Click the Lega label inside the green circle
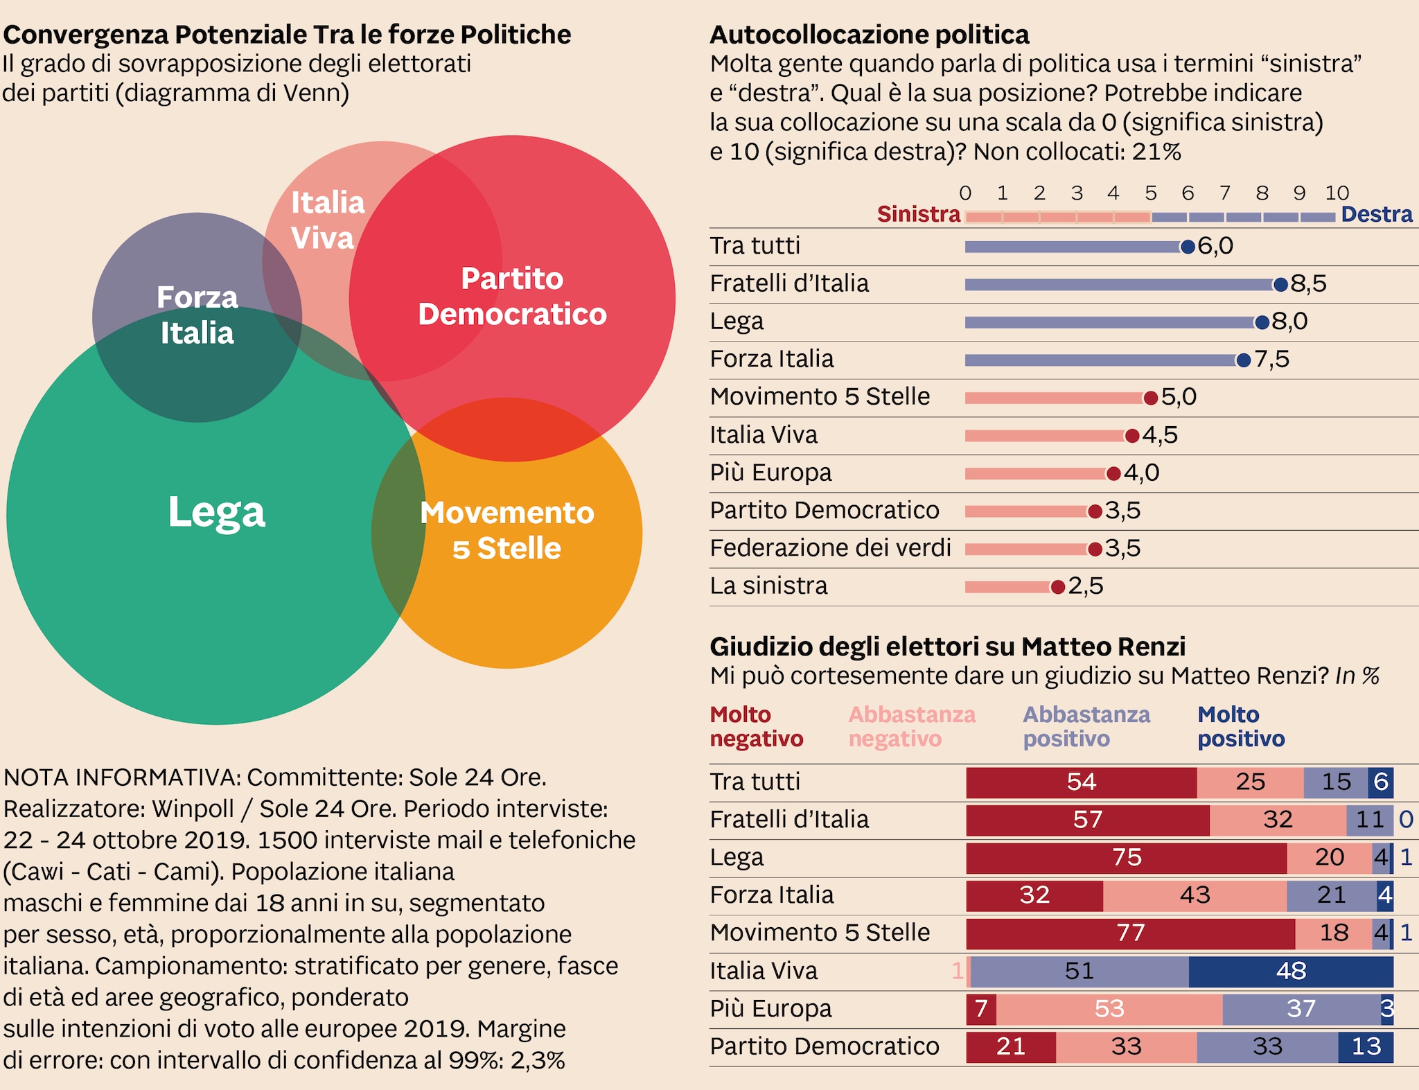point(217,512)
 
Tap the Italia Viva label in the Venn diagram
point(327,220)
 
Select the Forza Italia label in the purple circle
point(197,315)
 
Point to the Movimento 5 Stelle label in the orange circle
point(507,530)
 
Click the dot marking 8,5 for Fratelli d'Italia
point(1280,284)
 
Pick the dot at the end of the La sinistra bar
point(1057,587)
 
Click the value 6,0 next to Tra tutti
point(1215,246)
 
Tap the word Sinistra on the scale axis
point(919,214)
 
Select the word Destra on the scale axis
point(1376,214)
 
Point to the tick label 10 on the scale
point(1337,193)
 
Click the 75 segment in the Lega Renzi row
point(1127,857)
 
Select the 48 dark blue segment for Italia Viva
point(1291,971)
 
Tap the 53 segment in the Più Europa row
point(1109,1008)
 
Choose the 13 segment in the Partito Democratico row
point(1366,1046)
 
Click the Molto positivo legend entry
point(1241,726)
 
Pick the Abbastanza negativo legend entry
point(912,726)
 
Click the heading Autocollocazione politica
point(870,35)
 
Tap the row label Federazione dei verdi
point(830,548)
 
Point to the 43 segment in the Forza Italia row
point(1195,895)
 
